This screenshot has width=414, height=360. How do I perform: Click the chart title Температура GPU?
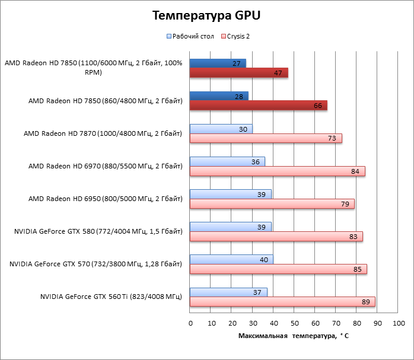click(x=206, y=15)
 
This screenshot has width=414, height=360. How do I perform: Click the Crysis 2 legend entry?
click(x=239, y=36)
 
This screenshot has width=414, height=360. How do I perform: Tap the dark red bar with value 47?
click(x=238, y=73)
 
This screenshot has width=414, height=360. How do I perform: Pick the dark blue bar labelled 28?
click(x=219, y=96)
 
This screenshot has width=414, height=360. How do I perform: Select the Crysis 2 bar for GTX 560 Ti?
click(x=282, y=302)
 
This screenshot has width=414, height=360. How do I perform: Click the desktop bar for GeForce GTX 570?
click(x=231, y=259)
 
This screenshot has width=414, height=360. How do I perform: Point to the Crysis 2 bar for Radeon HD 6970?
click(x=277, y=171)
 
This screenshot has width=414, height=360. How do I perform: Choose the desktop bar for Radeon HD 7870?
click(x=221, y=129)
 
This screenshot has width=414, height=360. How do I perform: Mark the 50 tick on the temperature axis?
click(x=294, y=323)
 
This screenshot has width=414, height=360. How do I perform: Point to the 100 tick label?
click(x=398, y=323)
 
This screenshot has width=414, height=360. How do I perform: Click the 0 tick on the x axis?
click(x=190, y=323)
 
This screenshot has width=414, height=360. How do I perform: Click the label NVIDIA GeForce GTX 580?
click(x=98, y=231)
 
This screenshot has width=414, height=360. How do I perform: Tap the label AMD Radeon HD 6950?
click(x=105, y=198)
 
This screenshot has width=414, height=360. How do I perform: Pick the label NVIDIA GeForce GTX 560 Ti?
click(x=111, y=296)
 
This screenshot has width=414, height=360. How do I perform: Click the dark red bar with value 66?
click(x=258, y=106)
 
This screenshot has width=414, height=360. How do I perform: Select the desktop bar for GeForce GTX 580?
click(x=230, y=227)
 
